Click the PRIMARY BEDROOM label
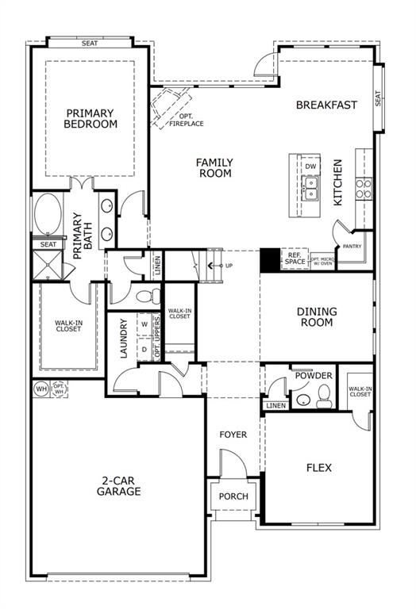point(91,119)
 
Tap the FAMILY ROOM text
point(214,168)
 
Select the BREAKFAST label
point(326,105)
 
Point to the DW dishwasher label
point(310,167)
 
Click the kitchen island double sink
point(310,187)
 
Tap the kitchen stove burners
point(364,188)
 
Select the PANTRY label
point(352,247)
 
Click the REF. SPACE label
point(295,259)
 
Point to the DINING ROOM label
point(317,317)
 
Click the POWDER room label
point(314,376)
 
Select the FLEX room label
point(318,467)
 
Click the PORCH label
point(233,497)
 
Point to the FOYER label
point(233,435)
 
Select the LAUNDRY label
point(124,339)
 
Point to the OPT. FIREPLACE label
point(186,120)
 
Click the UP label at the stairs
point(229,265)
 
